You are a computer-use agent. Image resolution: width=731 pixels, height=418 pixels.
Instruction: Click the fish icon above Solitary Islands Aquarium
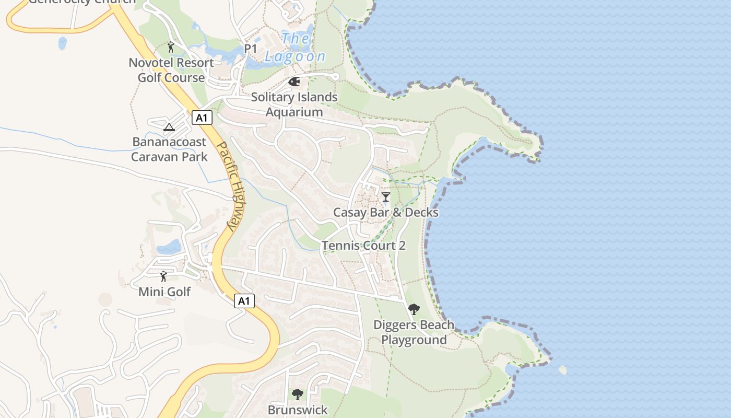point(294,82)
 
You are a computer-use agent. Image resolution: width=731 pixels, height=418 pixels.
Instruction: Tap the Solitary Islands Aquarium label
point(294,104)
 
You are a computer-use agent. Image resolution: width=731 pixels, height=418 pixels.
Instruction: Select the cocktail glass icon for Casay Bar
point(386,197)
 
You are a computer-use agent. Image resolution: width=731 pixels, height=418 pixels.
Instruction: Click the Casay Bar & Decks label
point(386,213)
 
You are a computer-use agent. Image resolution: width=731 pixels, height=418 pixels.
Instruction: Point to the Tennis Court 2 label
point(363,246)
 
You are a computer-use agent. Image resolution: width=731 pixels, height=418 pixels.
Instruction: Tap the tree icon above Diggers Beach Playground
point(414,309)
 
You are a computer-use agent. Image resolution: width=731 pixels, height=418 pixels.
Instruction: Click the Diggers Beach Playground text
point(414,332)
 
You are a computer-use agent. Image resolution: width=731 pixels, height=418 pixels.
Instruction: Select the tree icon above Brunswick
point(298,394)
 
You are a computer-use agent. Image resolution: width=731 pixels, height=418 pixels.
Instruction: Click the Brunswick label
point(298,410)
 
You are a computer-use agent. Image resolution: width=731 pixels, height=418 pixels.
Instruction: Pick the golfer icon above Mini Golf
point(164,276)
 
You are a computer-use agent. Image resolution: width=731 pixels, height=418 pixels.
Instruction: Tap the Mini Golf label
point(164,292)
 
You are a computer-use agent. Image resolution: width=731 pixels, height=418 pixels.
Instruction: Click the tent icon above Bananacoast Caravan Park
point(169,127)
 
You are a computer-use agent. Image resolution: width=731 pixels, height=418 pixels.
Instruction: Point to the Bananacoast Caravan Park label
point(169,149)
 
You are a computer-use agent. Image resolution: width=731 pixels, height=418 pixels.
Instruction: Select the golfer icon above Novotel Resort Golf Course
point(171,48)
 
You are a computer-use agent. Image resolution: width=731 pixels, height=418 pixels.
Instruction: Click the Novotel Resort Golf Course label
point(171,70)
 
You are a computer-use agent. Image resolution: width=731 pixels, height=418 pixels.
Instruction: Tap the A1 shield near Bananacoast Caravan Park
point(202,118)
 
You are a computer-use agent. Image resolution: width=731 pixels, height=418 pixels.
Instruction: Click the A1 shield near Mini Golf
point(244,301)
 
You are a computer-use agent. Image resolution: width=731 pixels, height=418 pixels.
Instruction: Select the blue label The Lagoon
point(296,48)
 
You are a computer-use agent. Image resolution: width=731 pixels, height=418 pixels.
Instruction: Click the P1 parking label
point(251,49)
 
